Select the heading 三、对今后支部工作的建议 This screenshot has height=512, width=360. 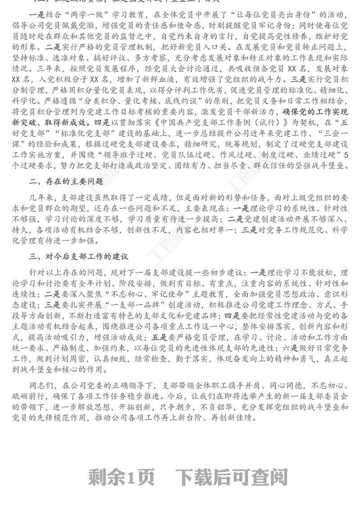click(79, 257)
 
